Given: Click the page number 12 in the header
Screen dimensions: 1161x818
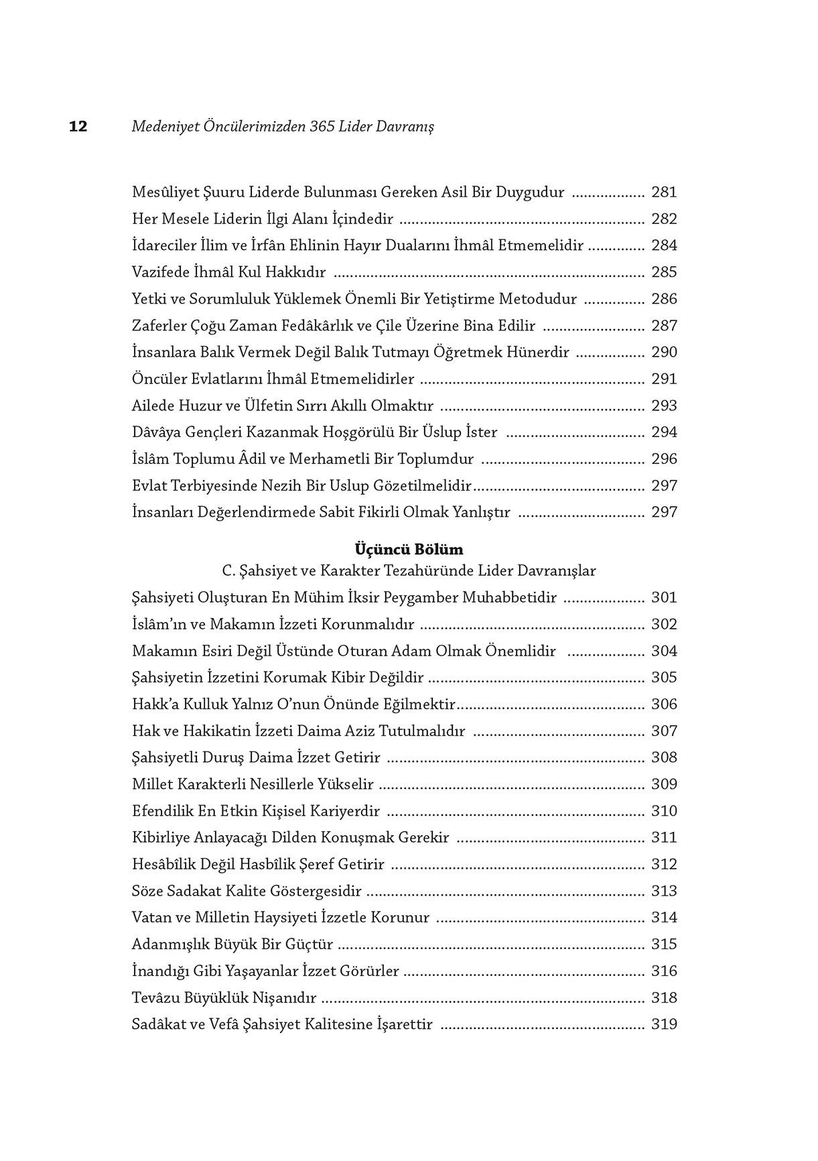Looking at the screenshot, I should pyautogui.click(x=78, y=127).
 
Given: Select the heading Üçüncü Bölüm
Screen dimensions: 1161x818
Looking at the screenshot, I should pyautogui.click(x=409, y=550).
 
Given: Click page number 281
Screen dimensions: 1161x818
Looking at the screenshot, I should pyautogui.click(x=664, y=192).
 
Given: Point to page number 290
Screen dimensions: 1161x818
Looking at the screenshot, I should pyautogui.click(x=664, y=353).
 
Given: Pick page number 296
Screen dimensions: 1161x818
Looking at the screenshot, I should pyautogui.click(x=664, y=459).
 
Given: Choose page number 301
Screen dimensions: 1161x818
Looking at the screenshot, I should pyautogui.click(x=664, y=598).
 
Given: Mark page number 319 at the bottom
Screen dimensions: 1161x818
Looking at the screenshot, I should pyautogui.click(x=664, y=1025).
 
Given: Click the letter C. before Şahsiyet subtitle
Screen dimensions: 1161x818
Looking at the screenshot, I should pyautogui.click(x=228, y=571).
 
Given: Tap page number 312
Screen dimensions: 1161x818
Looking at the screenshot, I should pyautogui.click(x=664, y=865).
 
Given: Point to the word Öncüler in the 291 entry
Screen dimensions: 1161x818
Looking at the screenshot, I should pyautogui.click(x=158, y=379).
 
